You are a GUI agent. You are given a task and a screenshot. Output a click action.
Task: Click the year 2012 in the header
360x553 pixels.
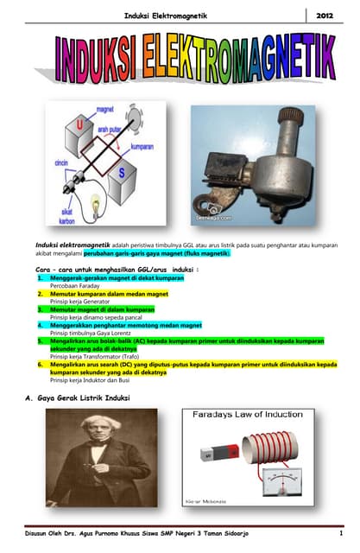click(325, 16)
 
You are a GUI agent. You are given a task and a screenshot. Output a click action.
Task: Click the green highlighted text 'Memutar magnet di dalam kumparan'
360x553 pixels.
click(102, 308)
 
